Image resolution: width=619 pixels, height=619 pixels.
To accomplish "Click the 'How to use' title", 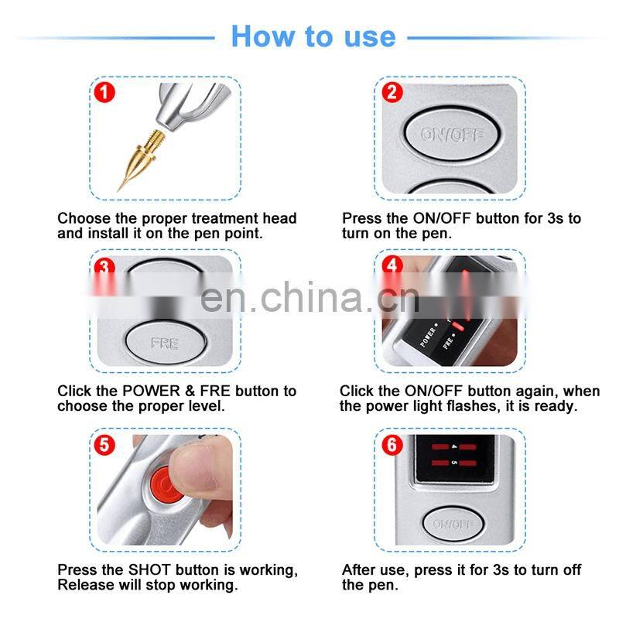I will point(313,36).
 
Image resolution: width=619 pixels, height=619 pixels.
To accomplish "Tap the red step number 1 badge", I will point(104,94).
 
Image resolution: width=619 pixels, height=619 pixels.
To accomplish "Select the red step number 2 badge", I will point(393,94).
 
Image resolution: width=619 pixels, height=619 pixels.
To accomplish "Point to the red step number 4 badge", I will point(393,265).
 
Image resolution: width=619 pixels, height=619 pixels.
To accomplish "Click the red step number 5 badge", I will point(104,446).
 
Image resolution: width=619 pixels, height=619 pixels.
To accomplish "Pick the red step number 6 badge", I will point(393,446).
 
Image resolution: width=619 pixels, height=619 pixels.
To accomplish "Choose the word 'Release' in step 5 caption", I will point(84,585).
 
